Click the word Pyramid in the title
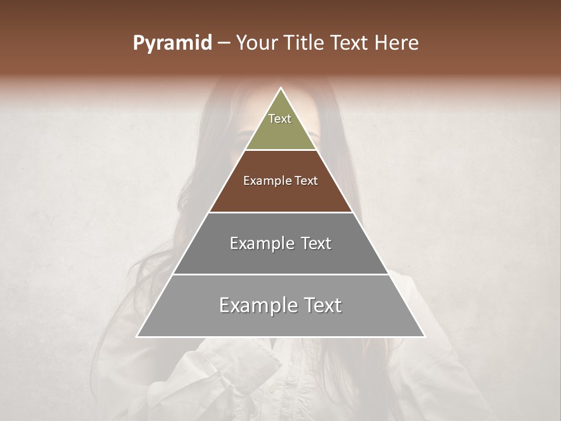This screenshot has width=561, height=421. point(172,43)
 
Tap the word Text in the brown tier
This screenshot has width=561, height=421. point(306,181)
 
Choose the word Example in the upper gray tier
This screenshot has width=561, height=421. point(261,243)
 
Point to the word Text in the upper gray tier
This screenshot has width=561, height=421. point(317,243)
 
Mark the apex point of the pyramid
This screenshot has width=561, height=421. point(280,88)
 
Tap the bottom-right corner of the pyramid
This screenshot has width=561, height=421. point(424,336)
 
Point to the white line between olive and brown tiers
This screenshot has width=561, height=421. point(280,150)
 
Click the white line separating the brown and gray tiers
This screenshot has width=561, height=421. point(280,212)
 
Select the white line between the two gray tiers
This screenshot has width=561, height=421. point(280,274)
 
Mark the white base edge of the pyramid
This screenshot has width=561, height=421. point(280,337)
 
